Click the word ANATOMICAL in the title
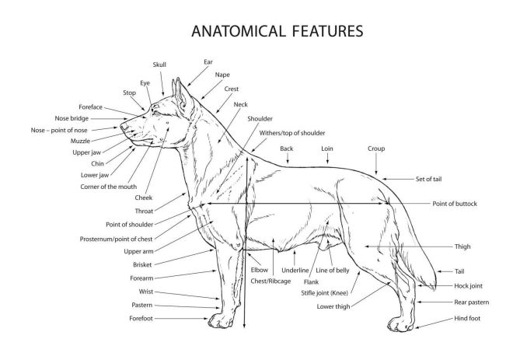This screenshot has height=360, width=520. (x=239, y=31)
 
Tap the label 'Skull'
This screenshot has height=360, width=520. (x=159, y=65)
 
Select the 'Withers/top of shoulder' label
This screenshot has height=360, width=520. (x=292, y=133)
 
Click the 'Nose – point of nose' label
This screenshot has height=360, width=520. (x=59, y=130)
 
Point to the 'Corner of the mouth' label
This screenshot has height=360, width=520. (x=109, y=187)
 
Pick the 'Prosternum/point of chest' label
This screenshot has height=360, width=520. (x=116, y=239)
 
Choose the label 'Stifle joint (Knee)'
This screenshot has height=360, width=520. (x=325, y=293)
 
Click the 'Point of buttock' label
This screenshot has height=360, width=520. (x=455, y=204)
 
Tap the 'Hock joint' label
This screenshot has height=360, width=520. (x=468, y=285)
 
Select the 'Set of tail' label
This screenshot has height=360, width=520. (x=429, y=179)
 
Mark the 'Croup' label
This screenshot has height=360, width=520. (x=376, y=149)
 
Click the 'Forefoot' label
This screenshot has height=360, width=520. (x=141, y=319)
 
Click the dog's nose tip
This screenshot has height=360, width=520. (x=122, y=127)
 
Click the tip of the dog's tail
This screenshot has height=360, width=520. (x=434, y=289)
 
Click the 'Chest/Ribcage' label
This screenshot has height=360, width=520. (x=270, y=281)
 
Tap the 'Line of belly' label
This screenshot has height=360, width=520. (x=333, y=271)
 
